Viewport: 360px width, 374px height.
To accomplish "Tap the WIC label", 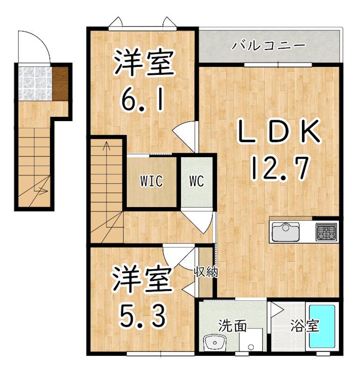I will click(x=151, y=181).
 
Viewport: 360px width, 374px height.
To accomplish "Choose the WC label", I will click(x=197, y=181).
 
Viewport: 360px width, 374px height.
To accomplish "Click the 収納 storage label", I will click(x=206, y=271).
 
